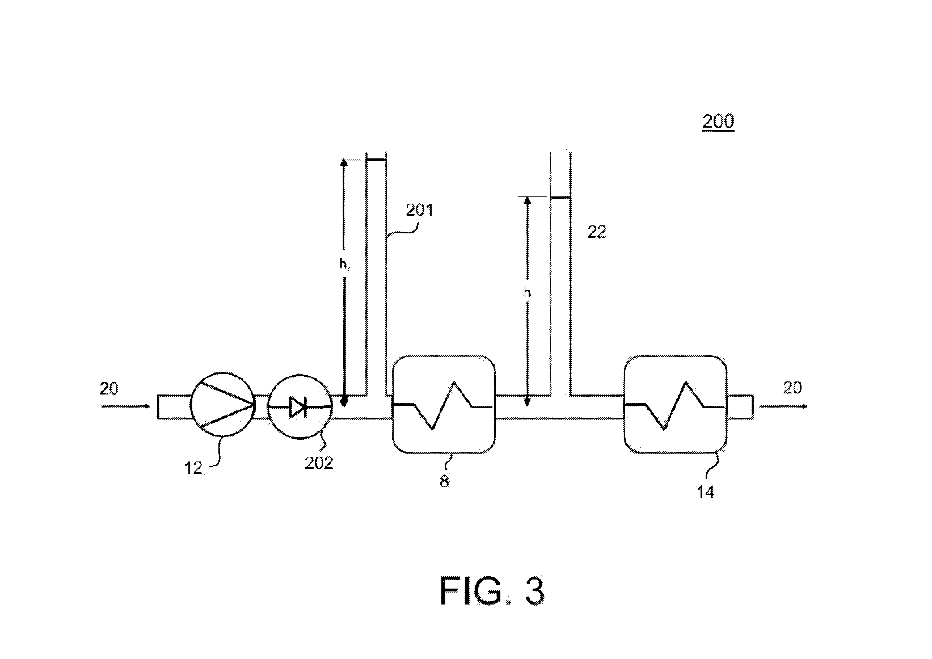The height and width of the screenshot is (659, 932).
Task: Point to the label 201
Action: [x=420, y=210]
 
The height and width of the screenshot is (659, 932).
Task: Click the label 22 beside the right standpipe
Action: [x=597, y=232]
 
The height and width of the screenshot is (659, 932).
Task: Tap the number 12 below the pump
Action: [x=193, y=468]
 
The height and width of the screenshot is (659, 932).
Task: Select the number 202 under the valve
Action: [x=319, y=463]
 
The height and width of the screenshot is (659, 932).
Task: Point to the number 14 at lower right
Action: [x=706, y=492]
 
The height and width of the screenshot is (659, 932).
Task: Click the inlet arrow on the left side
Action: [x=125, y=406]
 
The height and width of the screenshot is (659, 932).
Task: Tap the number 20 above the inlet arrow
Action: [x=109, y=389]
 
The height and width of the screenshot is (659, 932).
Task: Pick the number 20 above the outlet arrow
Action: [x=792, y=388]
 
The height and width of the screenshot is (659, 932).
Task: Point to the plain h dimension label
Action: [x=527, y=292]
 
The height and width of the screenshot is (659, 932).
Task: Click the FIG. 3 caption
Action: [x=492, y=591]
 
